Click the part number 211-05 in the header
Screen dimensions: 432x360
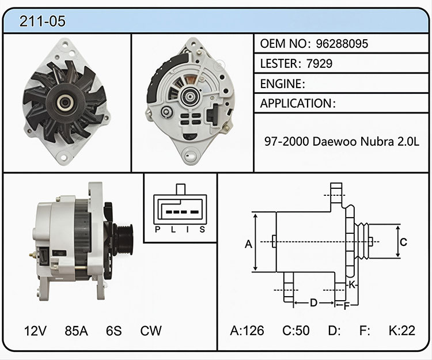coord(43,21)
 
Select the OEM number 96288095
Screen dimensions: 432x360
coord(342,44)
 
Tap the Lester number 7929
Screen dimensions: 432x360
coord(319,63)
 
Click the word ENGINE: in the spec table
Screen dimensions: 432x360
coord(283,84)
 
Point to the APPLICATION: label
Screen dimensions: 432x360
coord(298,103)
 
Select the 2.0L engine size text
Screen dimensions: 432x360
coord(408,141)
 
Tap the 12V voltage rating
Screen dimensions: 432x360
coord(35,331)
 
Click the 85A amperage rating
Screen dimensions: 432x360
coord(76,331)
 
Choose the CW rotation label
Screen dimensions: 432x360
coord(151,331)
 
